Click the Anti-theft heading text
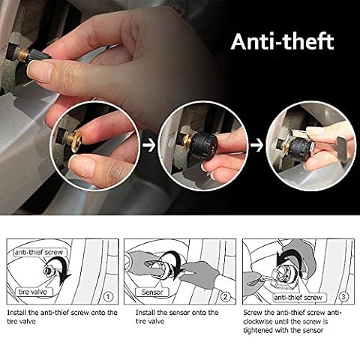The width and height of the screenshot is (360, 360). (x=282, y=41)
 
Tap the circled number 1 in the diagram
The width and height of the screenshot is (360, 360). (x=108, y=297)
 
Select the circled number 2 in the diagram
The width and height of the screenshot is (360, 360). (x=225, y=297)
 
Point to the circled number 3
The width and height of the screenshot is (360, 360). (x=343, y=297)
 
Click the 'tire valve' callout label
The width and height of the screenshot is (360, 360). (x=33, y=292)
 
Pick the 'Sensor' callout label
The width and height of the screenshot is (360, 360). (x=152, y=292)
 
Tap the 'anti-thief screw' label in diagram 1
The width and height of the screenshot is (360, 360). (x=39, y=252)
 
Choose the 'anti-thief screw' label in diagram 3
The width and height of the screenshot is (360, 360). (x=298, y=297)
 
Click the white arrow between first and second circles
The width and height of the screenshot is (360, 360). (x=148, y=145)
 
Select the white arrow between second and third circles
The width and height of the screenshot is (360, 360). (x=256, y=145)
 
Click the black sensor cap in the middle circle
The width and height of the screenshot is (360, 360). (x=204, y=145)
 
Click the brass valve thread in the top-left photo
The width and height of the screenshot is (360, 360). (x=22, y=54)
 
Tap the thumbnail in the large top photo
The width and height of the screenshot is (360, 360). (x=40, y=72)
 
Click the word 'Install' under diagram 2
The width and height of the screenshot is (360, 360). (x=145, y=313)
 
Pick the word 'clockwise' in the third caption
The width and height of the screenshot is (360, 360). (x=258, y=322)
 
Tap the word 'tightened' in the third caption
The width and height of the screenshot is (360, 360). (x=258, y=331)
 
